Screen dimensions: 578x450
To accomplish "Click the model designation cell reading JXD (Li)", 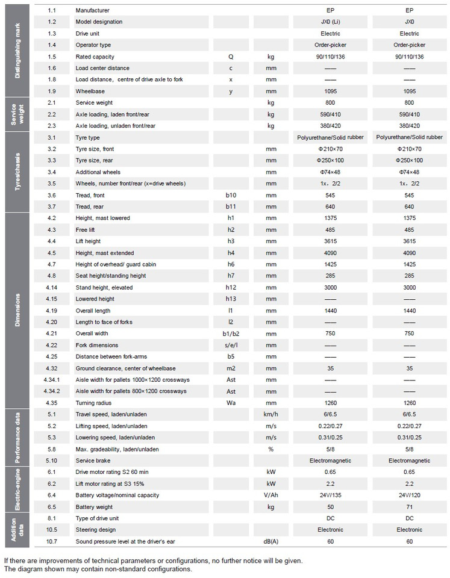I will (330, 22).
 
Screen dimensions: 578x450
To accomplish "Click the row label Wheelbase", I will (90, 91).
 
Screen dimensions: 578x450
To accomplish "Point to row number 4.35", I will (52, 402).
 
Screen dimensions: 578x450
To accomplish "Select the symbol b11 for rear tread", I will (231, 206).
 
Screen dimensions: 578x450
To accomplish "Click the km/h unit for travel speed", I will (270, 414).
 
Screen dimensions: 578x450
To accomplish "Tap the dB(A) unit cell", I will (270, 541).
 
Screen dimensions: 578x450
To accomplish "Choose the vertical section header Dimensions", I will (17, 310).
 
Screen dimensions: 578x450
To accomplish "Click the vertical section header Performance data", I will (17, 437).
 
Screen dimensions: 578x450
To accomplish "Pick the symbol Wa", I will (231, 402).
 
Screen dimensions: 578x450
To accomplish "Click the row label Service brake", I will (93, 460).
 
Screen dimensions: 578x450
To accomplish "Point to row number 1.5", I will (52, 57).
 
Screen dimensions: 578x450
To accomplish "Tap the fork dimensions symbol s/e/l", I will (231, 345).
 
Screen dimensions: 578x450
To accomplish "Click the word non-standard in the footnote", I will (131, 569).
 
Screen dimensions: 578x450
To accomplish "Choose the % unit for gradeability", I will (270, 449).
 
